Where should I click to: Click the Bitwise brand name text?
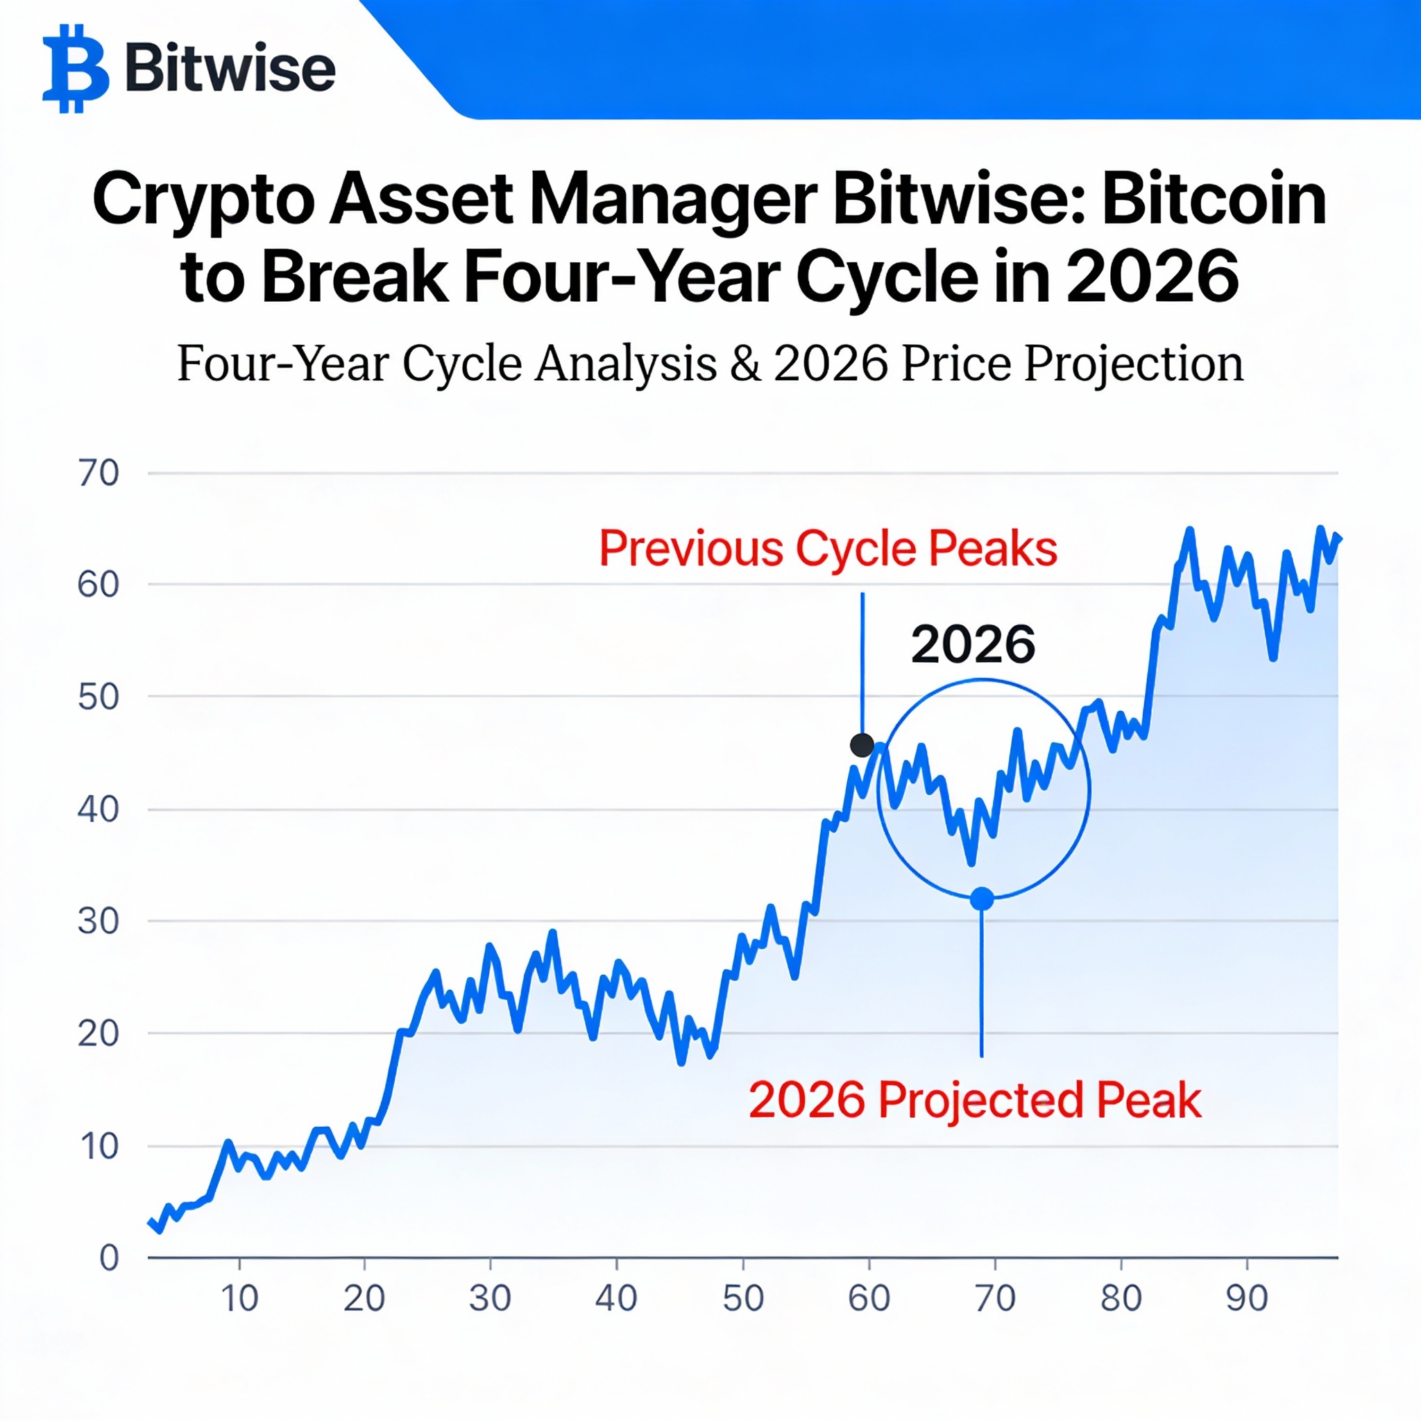click(230, 69)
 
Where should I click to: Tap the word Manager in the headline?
click(672, 201)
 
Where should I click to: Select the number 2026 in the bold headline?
click(1152, 278)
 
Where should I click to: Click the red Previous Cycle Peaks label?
click(828, 549)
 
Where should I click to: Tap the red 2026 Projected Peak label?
click(975, 1100)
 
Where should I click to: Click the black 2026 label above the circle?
click(972, 645)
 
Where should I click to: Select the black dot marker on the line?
click(861, 745)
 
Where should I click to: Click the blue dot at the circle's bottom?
click(982, 899)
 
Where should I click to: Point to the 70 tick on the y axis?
click(98, 473)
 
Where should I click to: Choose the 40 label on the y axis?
click(98, 809)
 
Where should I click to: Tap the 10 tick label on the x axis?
click(240, 1298)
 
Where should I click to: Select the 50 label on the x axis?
click(743, 1298)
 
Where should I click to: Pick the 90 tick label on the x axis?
click(1247, 1298)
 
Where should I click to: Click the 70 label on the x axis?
click(995, 1298)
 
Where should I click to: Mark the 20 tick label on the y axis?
click(98, 1034)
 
